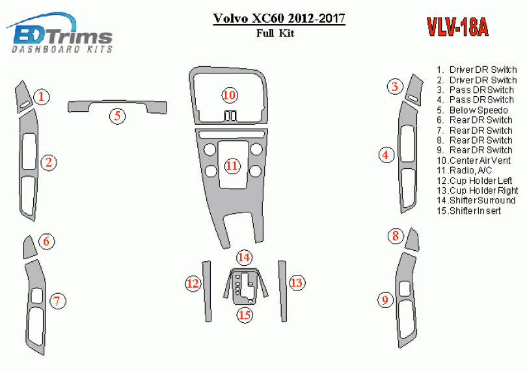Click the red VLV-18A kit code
(457, 27)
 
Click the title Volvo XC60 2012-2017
(279, 18)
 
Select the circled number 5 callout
(117, 116)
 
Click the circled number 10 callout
(230, 95)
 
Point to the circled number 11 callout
(232, 166)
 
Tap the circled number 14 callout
(244, 257)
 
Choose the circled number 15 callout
(245, 315)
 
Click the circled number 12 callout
(193, 283)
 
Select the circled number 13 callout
(297, 283)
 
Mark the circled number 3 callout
(395, 86)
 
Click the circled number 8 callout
(396, 236)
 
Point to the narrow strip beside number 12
(207, 291)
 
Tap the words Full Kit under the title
(275, 33)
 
